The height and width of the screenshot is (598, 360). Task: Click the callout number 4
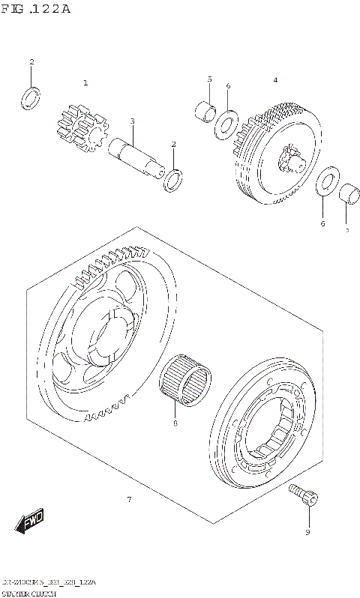tap(275, 79)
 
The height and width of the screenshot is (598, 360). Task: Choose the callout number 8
tap(175, 423)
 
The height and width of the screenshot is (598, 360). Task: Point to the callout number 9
tap(307, 533)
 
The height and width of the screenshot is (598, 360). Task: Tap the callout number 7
tap(129, 499)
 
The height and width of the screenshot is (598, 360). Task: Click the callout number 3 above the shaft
tap(132, 121)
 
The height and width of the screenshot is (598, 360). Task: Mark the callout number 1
tap(85, 82)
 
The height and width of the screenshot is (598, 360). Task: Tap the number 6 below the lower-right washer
tap(322, 223)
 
